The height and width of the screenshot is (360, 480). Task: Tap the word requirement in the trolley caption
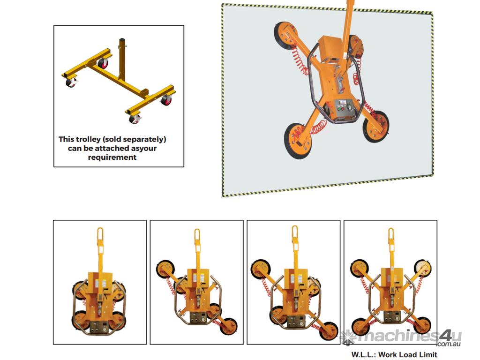[112, 157]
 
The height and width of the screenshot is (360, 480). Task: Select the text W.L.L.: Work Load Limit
[394, 355]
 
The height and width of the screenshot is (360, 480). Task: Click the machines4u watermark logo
[401, 337]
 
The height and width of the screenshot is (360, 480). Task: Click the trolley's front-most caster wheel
[134, 119]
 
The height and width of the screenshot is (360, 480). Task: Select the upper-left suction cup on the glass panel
[286, 35]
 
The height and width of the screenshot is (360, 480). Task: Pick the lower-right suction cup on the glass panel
[376, 127]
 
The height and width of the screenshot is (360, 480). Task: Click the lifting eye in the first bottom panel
[100, 234]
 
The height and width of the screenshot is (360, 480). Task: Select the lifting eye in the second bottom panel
[197, 235]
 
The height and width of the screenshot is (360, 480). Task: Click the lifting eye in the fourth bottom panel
[390, 235]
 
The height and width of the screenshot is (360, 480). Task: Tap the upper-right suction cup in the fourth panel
[423, 267]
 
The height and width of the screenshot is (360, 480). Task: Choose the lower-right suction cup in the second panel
[228, 326]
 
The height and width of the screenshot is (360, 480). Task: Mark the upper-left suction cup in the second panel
[165, 269]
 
